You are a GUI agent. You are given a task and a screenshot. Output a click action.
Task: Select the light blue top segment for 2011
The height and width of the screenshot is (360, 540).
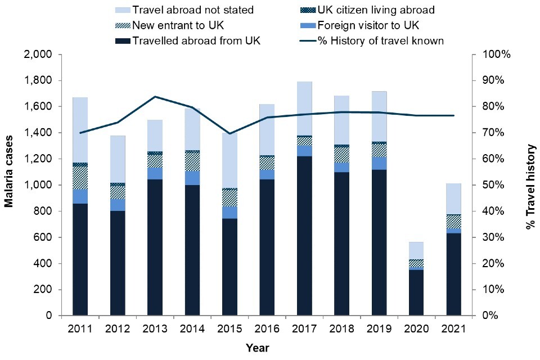80,129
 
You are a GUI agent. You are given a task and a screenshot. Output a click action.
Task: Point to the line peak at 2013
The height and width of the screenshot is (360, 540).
155,97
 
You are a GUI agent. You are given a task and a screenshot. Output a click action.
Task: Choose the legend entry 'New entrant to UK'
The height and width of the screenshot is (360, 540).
177,25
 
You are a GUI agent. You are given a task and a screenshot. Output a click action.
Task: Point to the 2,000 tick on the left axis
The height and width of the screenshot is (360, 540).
39,55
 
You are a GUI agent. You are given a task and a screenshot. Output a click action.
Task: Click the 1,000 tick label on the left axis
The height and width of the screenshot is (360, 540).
39,185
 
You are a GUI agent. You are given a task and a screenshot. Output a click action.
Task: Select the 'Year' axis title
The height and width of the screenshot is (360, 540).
258,348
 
